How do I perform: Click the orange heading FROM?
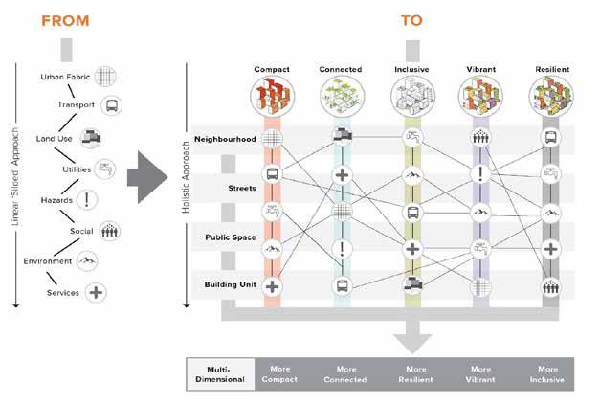pyautogui.click(x=65, y=17)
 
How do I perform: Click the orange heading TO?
pyautogui.click(x=406, y=17)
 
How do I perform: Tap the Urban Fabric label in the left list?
pyautogui.click(x=65, y=77)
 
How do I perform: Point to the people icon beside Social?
pyautogui.click(x=109, y=231)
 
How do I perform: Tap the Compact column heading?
pyautogui.click(x=272, y=70)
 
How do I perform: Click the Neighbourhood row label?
pyautogui.click(x=225, y=139)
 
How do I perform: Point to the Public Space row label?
pyautogui.click(x=229, y=236)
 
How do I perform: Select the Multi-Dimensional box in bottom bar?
pyautogui.click(x=220, y=373)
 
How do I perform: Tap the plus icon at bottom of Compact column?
pyautogui.click(x=272, y=285)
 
